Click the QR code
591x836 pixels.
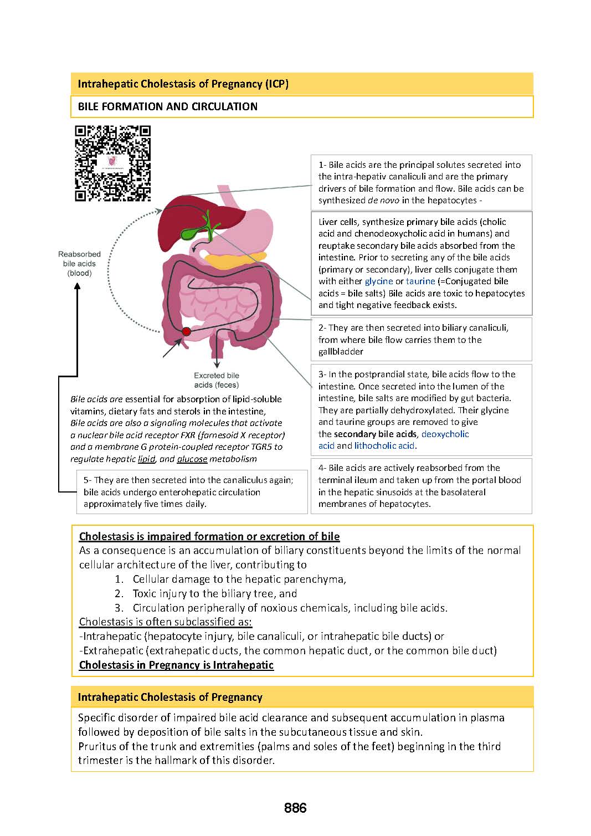[113, 163]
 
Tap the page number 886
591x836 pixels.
[295, 808]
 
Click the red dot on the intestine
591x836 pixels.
[186, 331]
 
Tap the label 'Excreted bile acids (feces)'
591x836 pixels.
[217, 380]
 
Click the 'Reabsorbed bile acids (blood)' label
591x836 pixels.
[79, 264]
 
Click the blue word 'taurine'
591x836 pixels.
[420, 281]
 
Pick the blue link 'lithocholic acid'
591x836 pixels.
[384, 446]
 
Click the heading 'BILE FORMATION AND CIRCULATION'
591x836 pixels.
[167, 106]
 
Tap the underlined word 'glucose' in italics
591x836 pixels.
[192, 459]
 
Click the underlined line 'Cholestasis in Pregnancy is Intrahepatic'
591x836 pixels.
[176, 665]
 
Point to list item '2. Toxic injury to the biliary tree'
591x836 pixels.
[214, 593]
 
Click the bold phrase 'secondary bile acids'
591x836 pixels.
[375, 434]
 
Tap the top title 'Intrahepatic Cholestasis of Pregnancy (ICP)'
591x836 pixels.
[183, 84]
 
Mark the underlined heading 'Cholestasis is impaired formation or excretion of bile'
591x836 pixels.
[209, 536]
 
